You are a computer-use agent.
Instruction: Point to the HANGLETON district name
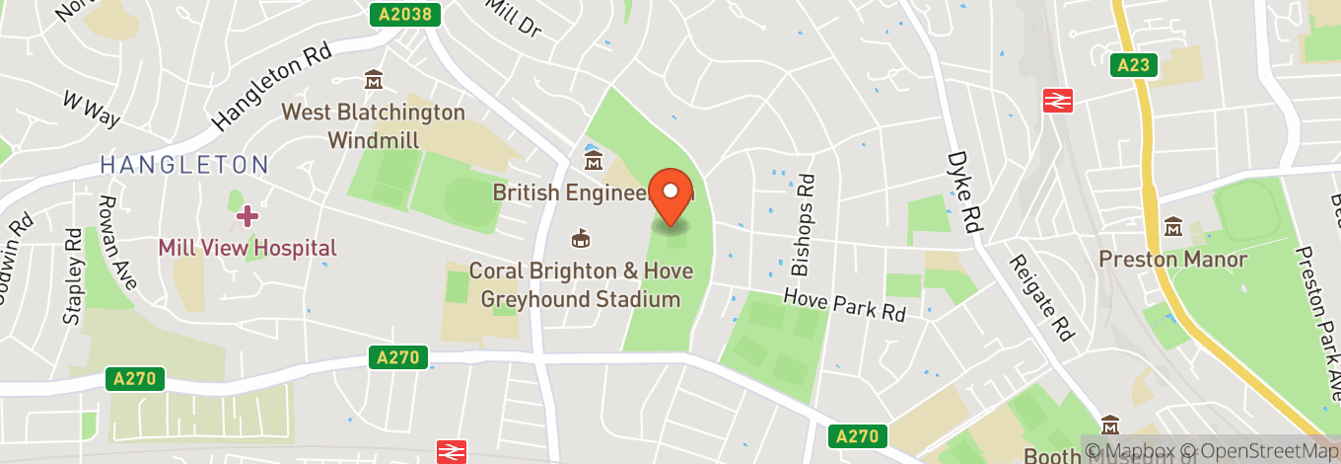coord(183,165)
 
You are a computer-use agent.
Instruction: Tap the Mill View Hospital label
coord(247,248)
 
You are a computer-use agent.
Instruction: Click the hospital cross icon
coord(247,215)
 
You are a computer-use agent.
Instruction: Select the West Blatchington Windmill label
coord(374,125)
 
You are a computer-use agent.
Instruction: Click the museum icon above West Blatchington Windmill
coord(373,79)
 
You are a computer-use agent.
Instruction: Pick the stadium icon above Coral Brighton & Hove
coord(582,238)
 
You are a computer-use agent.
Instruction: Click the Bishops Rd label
coord(805,224)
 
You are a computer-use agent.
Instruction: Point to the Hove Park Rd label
coord(844,303)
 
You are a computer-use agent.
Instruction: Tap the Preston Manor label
coord(1173,260)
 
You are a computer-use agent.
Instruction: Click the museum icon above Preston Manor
coord(1173,227)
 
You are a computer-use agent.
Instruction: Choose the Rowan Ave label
coord(115,241)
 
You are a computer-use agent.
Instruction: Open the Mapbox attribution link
coord(1134,450)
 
